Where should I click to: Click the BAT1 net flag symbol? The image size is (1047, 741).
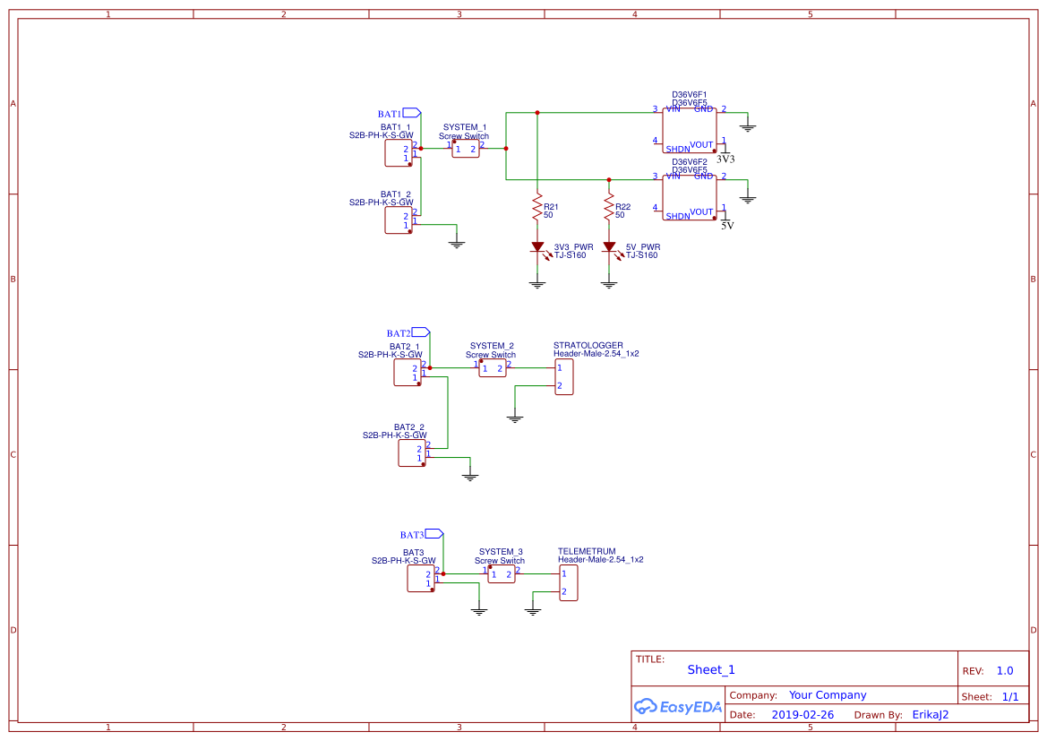411,113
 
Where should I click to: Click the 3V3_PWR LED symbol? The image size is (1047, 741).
537,246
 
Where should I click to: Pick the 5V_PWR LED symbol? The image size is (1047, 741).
609,246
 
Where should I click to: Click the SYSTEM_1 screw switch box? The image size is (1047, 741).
465,149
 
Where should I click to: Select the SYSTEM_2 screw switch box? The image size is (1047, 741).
492,368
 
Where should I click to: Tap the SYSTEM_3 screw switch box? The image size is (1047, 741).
501,574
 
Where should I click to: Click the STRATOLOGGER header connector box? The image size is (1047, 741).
564,376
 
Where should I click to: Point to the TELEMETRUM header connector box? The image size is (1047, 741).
569,582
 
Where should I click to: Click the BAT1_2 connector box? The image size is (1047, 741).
398,220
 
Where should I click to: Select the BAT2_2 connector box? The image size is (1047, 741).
411,453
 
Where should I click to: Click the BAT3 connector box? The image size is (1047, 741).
420,578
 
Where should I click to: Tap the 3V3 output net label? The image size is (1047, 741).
725,159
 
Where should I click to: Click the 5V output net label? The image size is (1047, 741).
727,226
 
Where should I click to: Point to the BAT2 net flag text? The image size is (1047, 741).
399,333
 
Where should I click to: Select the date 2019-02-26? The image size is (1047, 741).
802,715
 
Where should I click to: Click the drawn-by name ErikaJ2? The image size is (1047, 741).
930,715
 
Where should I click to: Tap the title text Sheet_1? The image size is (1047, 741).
711,669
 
